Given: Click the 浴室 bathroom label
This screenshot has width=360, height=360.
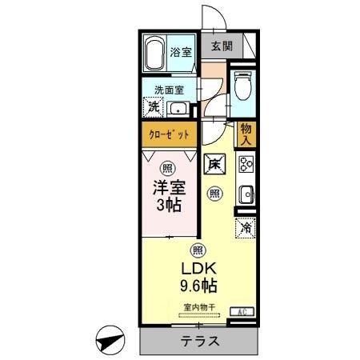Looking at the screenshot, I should click(181, 52).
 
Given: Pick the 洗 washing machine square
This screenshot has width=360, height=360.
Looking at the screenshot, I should click(152, 107).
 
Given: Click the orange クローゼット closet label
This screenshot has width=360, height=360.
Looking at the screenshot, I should click(169, 134).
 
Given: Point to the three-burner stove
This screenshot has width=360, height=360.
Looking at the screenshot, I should click(246, 166).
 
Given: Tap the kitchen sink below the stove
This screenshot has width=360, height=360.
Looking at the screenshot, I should click(246, 195).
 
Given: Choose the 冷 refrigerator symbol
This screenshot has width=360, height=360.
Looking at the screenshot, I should click(245, 228).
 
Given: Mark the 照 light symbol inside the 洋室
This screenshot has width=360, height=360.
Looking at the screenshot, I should click(166, 168).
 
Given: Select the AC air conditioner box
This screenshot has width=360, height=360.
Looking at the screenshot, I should click(241, 311).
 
